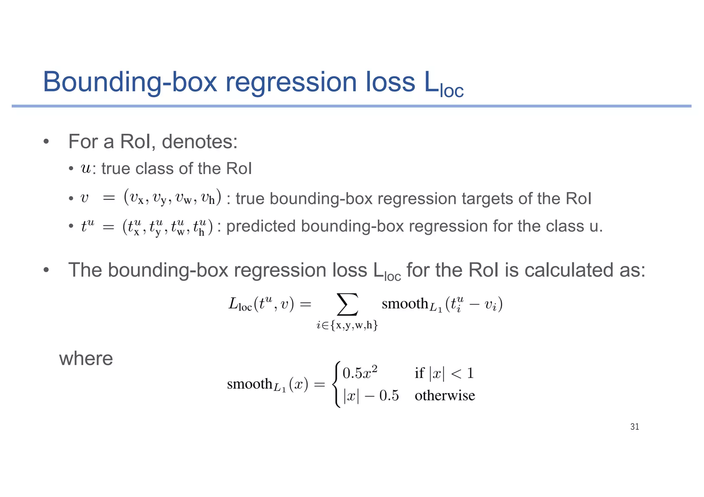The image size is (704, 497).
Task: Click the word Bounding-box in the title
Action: (x=130, y=82)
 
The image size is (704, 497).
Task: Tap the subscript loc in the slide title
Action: (x=452, y=91)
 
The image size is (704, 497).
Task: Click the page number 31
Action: (x=635, y=427)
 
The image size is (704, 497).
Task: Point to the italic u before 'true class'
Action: (x=86, y=169)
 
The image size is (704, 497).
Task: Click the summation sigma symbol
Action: (x=348, y=304)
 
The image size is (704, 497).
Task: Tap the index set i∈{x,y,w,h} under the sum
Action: (x=347, y=325)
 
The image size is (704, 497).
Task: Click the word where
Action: (x=86, y=359)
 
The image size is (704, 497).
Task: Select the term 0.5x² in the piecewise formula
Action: (x=360, y=372)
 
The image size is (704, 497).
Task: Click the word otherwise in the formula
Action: (x=445, y=395)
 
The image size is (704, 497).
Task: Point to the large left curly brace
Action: (x=337, y=384)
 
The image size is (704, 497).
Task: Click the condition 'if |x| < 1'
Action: (x=444, y=373)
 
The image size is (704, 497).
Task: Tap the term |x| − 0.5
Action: (x=371, y=396)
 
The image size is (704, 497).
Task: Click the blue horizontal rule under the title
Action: (x=351, y=106)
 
